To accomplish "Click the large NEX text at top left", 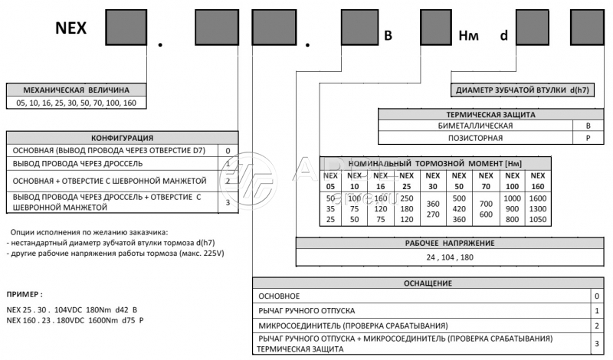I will [70, 29].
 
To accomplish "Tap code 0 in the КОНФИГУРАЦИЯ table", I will [228, 151].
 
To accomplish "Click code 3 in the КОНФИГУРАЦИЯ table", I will [228, 202].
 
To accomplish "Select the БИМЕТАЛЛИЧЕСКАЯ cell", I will [476, 125].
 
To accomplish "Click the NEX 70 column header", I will [485, 181].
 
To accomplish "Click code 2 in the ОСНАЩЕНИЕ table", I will [595, 326].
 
